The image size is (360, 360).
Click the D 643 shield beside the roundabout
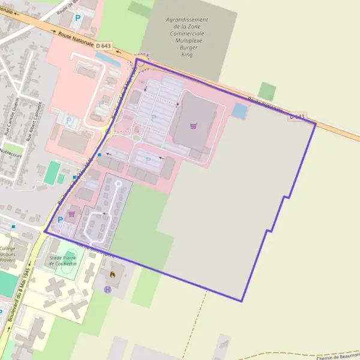pyautogui.click(x=103, y=46)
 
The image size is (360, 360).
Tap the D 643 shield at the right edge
pyautogui.click(x=297, y=116)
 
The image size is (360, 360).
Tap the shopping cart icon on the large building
pyautogui.click(x=193, y=126)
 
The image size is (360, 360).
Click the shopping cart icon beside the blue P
pyautogui.click(x=71, y=214)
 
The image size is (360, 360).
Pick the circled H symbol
pyautogui.click(x=107, y=289)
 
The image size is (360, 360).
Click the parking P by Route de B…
pyautogui.click(x=77, y=18)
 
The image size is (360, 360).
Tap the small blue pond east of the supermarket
pyautogui.click(x=239, y=110)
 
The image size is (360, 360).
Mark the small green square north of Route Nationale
pyautogui.click(x=268, y=92)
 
